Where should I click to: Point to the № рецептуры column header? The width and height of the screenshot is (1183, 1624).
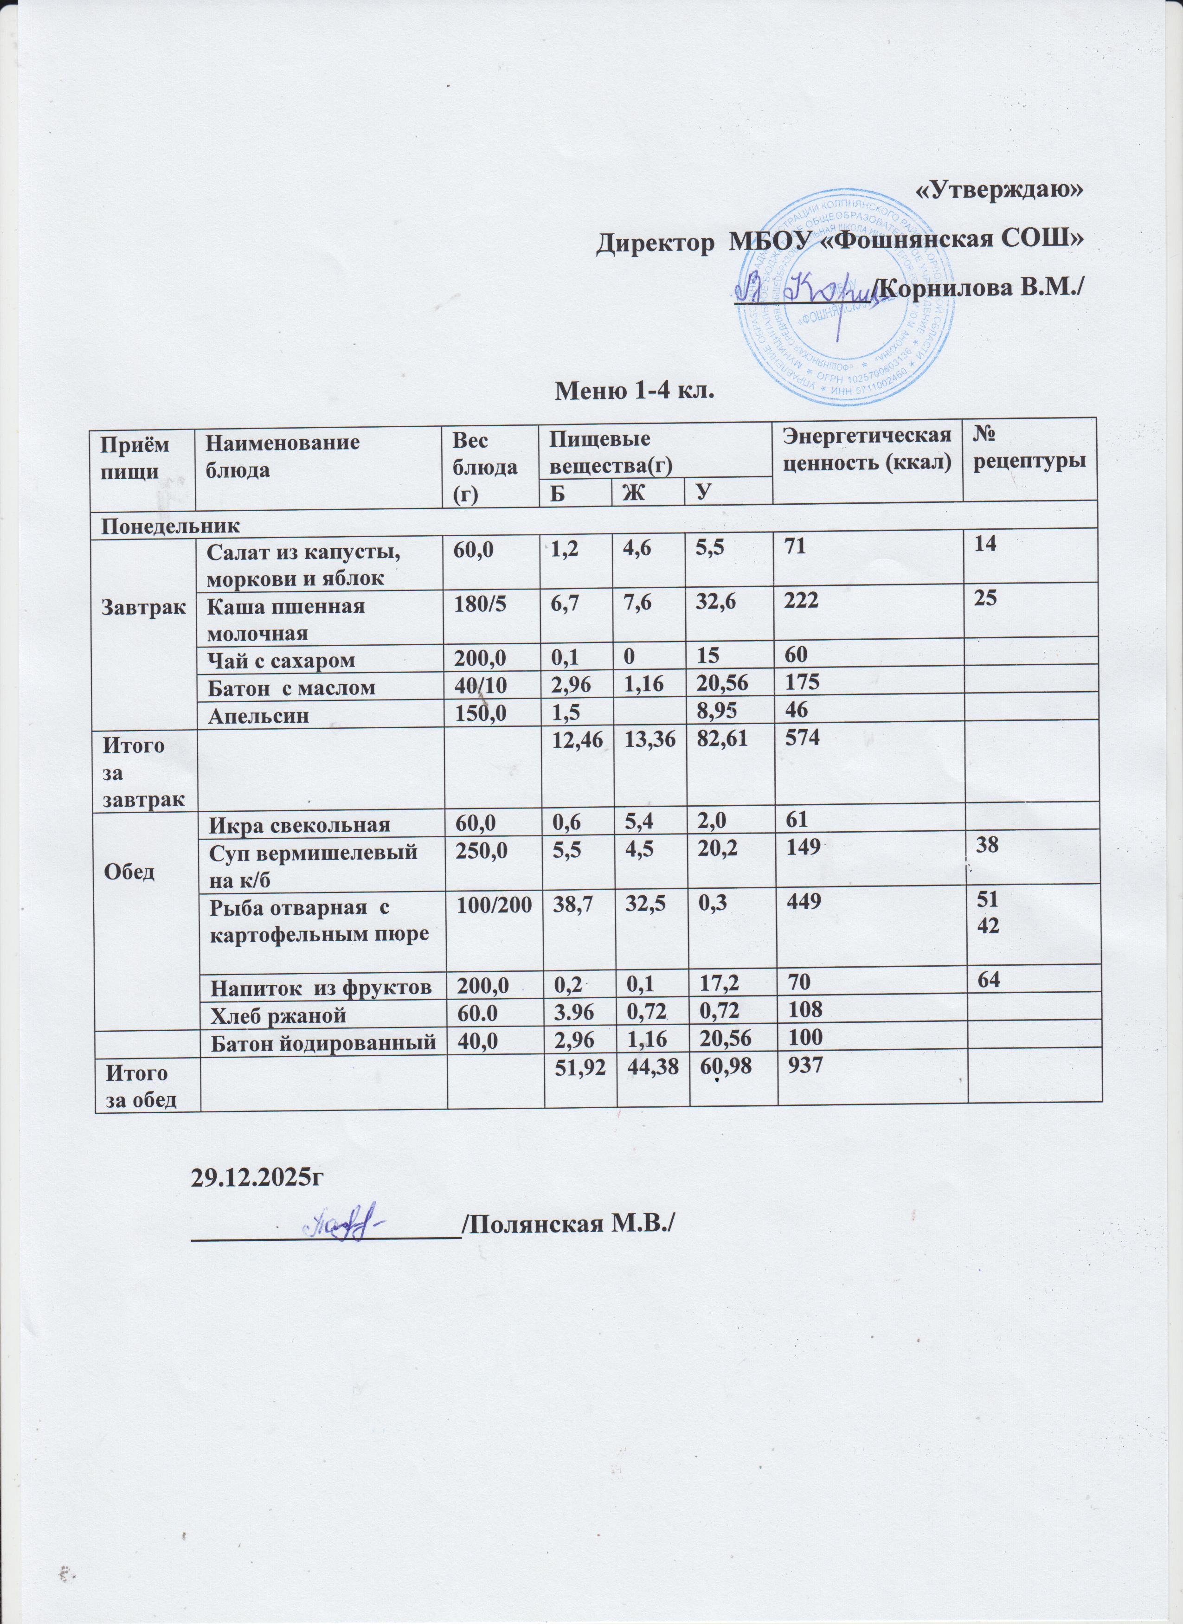point(1028,449)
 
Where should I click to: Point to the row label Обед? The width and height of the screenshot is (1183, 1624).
point(129,872)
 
